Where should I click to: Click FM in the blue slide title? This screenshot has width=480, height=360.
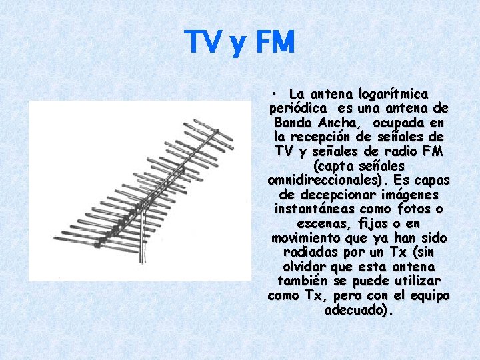[x=273, y=43]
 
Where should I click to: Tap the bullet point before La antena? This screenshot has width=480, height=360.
[x=274, y=94]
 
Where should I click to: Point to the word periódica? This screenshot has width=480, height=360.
[x=297, y=108]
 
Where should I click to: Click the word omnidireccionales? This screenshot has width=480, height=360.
[x=320, y=181]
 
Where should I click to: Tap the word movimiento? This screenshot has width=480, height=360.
[x=304, y=239]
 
